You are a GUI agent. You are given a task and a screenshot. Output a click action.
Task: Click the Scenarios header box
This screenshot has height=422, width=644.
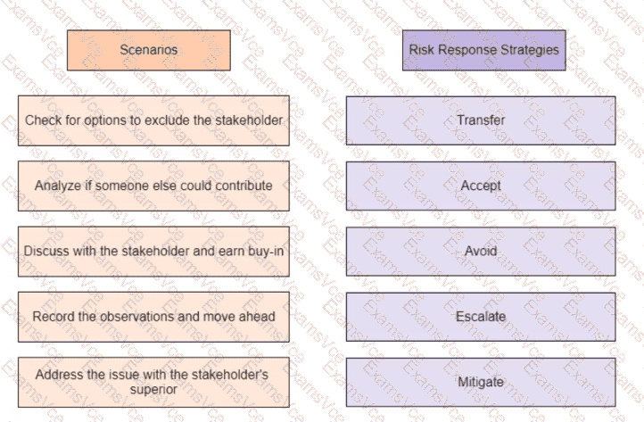tap(149, 50)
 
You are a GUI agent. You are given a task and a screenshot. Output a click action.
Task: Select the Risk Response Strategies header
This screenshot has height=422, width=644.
tap(483, 50)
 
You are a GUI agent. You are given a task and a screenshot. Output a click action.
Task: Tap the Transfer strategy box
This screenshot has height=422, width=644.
tap(481, 120)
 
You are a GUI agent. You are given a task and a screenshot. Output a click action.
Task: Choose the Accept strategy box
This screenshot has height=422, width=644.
tap(481, 186)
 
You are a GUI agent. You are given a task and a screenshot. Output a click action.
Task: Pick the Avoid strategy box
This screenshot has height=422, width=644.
tap(481, 251)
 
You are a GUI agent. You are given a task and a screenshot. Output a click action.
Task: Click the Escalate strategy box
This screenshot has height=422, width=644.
tap(481, 317)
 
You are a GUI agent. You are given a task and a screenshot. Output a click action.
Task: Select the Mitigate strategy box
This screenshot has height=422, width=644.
tap(481, 382)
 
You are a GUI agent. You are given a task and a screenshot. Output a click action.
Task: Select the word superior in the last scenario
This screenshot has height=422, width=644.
tap(153, 389)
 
